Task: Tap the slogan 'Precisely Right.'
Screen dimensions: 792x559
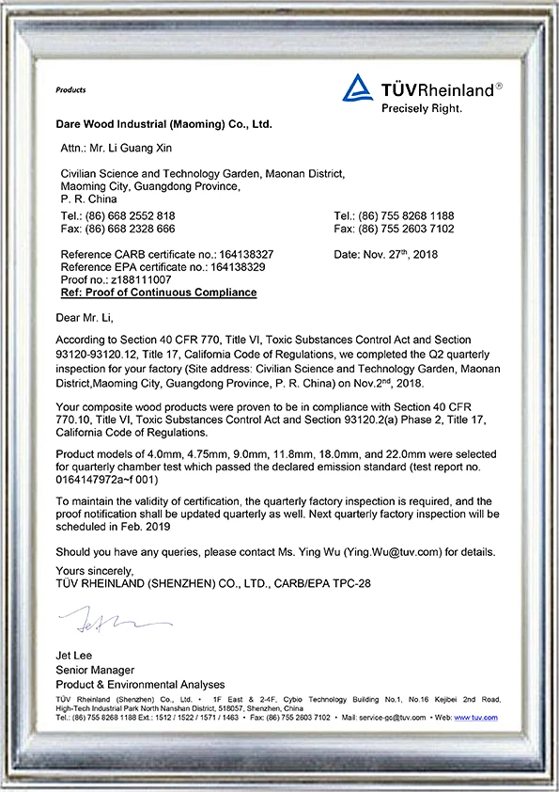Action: pyautogui.click(x=422, y=108)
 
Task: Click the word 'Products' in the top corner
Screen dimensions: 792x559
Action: pyautogui.click(x=70, y=90)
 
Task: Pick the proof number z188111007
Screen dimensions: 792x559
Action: pyautogui.click(x=141, y=280)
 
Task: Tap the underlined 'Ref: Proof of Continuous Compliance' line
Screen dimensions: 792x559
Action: pyautogui.click(x=158, y=293)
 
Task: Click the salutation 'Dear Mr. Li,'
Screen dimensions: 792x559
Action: pyautogui.click(x=85, y=317)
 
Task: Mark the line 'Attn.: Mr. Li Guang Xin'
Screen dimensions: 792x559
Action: pyautogui.click(x=118, y=148)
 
